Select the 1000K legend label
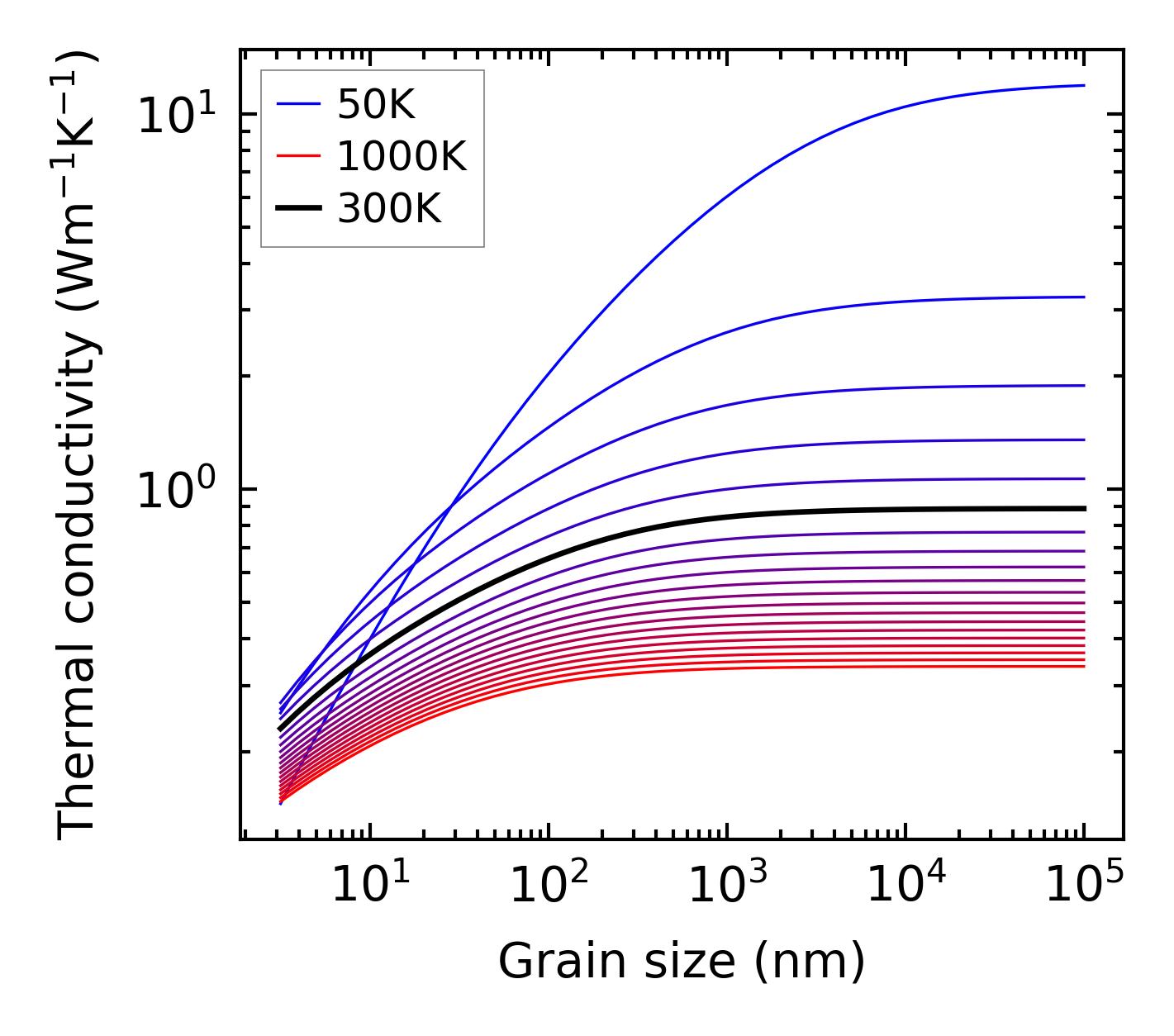point(402,156)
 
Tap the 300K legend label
point(389,209)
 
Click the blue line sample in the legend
point(297,104)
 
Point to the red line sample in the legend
point(297,156)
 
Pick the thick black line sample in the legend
point(297,209)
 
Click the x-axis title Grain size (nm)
point(682,962)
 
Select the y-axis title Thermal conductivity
point(78,446)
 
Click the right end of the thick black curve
point(1082,509)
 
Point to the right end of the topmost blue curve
point(1082,85)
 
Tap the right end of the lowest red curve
point(1082,666)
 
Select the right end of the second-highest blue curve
point(1082,297)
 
